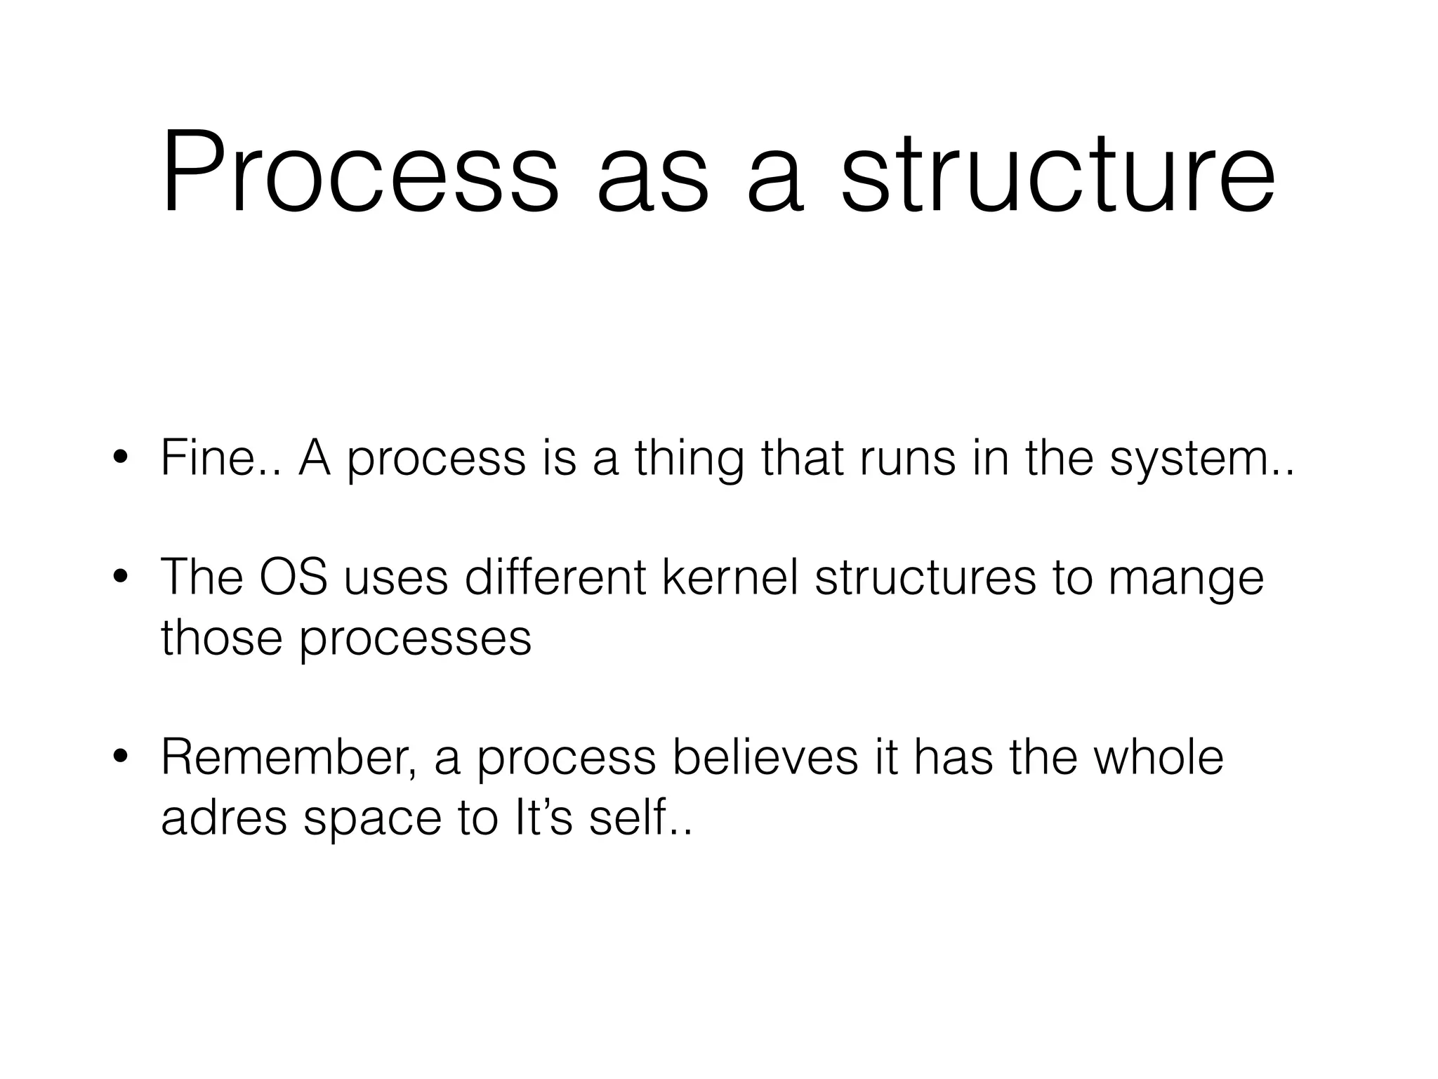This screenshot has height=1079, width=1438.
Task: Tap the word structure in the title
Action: (1057, 172)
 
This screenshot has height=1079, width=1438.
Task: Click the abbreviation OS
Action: (293, 577)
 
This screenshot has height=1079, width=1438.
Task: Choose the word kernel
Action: (730, 577)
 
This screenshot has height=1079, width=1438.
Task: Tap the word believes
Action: (765, 758)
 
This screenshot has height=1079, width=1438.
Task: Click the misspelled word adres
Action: (224, 818)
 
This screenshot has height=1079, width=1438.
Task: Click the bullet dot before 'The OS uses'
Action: (121, 577)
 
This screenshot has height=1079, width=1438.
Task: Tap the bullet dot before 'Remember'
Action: (121, 757)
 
